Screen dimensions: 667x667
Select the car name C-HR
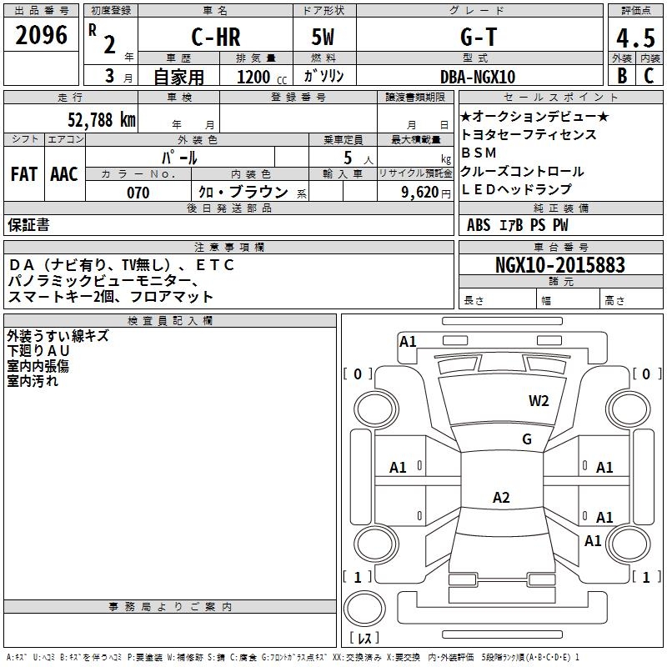[x=216, y=38]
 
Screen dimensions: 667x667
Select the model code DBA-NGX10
[x=478, y=77]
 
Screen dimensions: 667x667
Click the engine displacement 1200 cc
[x=259, y=77]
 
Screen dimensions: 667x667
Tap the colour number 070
[x=138, y=193]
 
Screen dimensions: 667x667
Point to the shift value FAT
[x=23, y=174]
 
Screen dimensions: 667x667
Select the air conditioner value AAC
[x=64, y=174]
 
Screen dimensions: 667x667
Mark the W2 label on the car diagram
[x=539, y=401]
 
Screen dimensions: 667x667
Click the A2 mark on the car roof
[x=501, y=498]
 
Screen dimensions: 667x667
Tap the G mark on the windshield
[x=526, y=439]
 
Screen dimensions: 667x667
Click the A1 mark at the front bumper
[x=408, y=342]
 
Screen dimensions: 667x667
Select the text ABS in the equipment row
[x=479, y=225]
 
